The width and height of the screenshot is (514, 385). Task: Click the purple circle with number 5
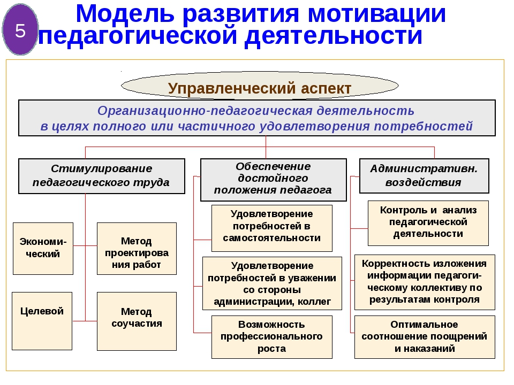click(20, 29)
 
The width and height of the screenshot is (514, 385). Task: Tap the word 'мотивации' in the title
click(376, 14)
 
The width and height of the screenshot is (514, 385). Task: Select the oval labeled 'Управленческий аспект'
click(260, 86)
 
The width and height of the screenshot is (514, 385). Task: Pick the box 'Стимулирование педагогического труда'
click(102, 176)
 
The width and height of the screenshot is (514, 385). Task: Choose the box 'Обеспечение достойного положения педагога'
click(274, 180)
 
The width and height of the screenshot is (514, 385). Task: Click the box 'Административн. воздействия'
click(424, 176)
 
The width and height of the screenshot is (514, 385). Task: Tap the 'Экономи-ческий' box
click(43, 249)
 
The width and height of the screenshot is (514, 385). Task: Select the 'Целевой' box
click(42, 321)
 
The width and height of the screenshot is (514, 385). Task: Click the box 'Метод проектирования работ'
click(137, 249)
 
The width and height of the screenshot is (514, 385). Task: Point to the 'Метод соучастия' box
click(137, 321)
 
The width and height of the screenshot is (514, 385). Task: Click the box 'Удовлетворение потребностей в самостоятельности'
click(272, 228)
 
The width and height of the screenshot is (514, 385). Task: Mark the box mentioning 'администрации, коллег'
click(272, 283)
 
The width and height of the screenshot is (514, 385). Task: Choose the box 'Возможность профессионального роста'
click(272, 337)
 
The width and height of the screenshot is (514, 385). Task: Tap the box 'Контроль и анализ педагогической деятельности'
click(428, 224)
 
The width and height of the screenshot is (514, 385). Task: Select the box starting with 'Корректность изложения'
click(425, 282)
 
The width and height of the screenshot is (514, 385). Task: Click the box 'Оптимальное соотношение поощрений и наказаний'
click(425, 337)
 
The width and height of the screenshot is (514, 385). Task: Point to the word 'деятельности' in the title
click(334, 36)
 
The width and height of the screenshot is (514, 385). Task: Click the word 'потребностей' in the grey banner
click(423, 126)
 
